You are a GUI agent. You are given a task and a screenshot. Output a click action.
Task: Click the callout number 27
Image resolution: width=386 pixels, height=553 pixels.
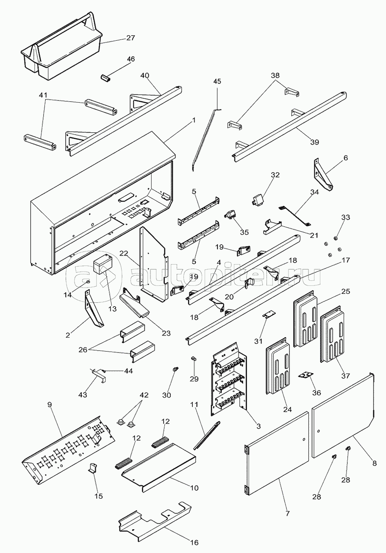click(131, 38)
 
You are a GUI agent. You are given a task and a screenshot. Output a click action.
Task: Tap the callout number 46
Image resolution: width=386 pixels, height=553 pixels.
click(131, 59)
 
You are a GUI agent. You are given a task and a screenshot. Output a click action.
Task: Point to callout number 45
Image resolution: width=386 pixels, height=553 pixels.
click(217, 81)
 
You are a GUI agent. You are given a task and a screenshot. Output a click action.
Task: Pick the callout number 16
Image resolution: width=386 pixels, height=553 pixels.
click(194, 542)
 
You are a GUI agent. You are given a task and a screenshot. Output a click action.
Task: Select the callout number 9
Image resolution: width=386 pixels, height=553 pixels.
click(50, 405)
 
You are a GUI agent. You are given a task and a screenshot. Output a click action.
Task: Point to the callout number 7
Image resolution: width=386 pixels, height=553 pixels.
click(287, 514)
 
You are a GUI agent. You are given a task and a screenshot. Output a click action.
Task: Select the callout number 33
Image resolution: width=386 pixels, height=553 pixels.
click(346, 217)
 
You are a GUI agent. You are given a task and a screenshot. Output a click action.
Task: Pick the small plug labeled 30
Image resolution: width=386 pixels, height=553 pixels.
click(174, 370)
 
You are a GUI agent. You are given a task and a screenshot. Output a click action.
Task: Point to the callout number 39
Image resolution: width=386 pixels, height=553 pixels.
click(314, 142)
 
